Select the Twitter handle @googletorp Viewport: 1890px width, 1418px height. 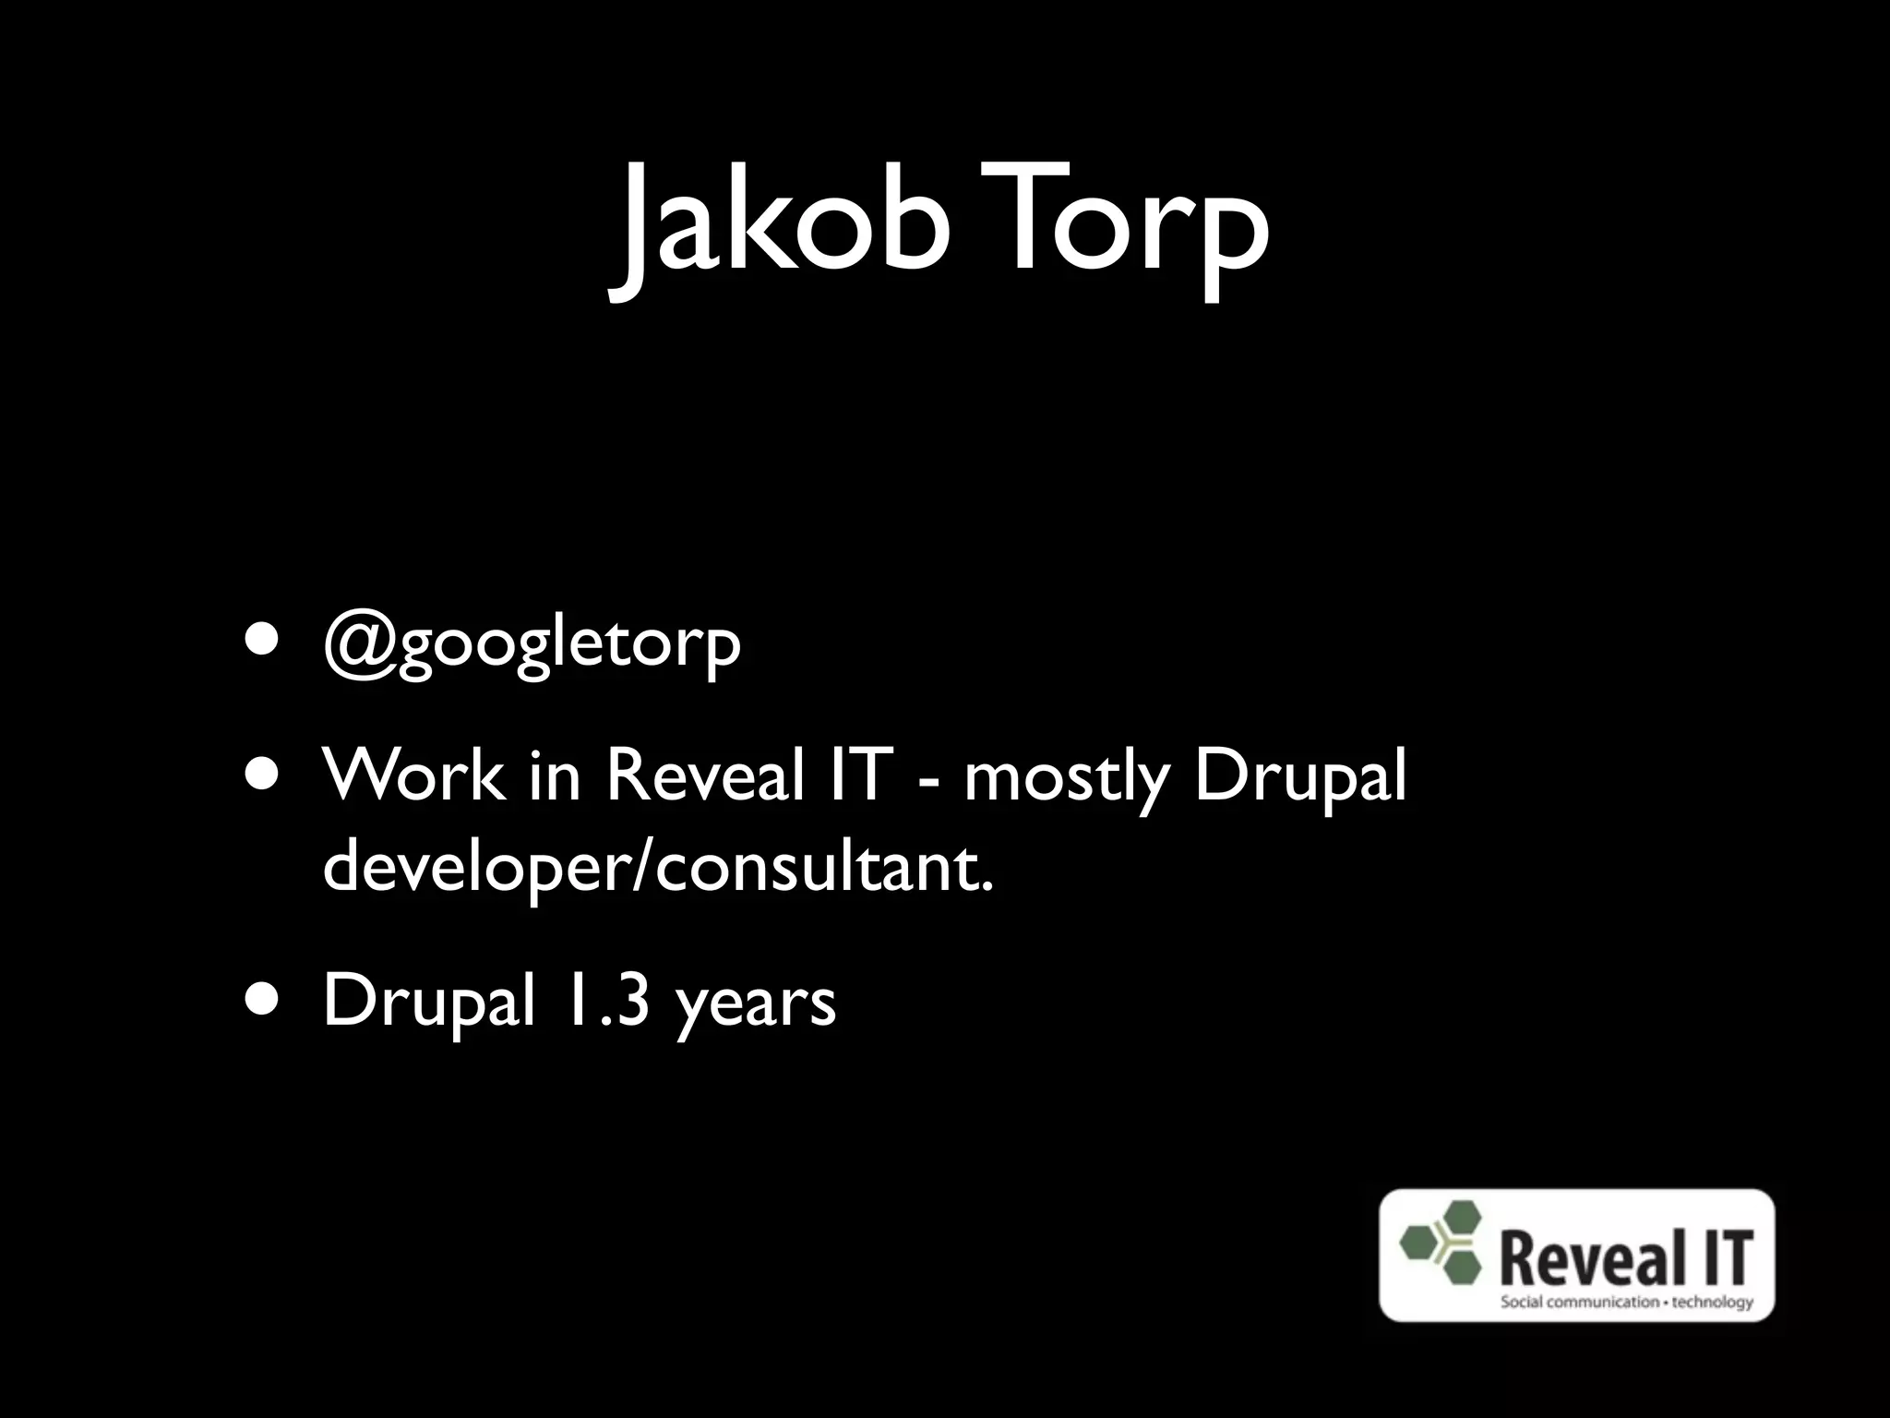(x=532, y=644)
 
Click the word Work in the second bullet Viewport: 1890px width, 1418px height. (x=414, y=775)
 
